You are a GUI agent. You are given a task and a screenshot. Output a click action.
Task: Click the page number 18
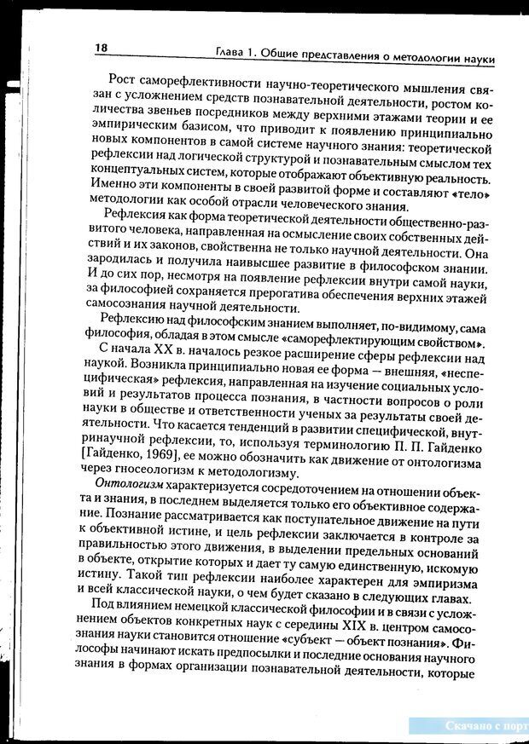(102, 49)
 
